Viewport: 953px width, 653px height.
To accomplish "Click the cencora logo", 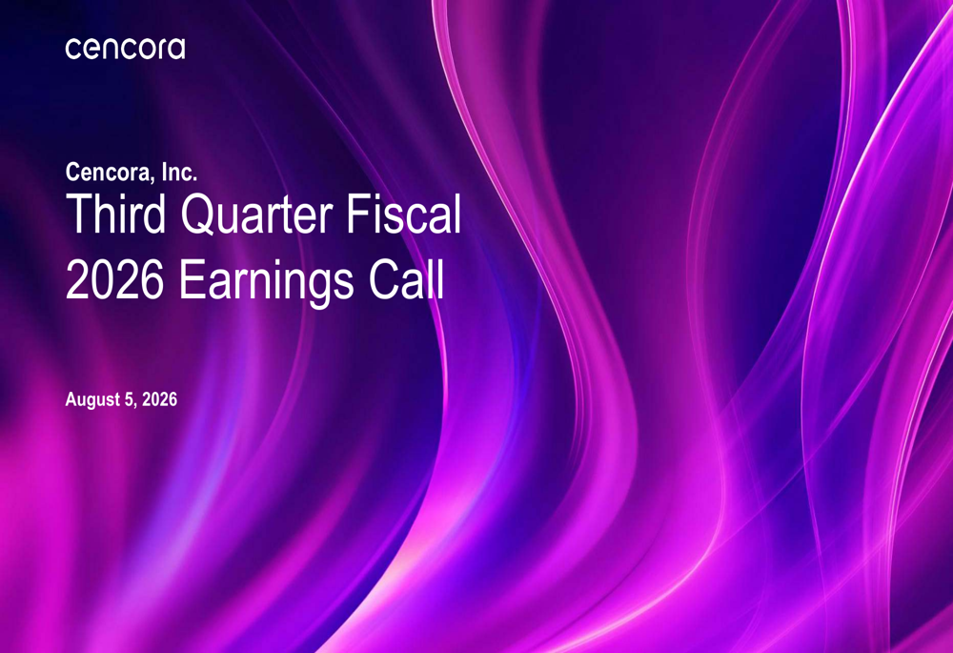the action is click(x=125, y=49).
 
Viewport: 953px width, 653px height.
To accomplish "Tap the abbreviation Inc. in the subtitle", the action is click(x=179, y=172).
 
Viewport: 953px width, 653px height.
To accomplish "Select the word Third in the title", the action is click(x=115, y=214).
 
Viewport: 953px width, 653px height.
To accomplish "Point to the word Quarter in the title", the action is click(x=257, y=214).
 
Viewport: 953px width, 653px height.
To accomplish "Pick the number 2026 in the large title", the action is click(x=115, y=279).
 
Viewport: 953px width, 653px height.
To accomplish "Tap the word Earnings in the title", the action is click(x=266, y=282).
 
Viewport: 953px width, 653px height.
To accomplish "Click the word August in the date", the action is click(x=93, y=400).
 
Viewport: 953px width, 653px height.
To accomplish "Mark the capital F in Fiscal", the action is click(x=358, y=214).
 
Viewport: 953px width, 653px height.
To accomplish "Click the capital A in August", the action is click(x=71, y=398).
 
